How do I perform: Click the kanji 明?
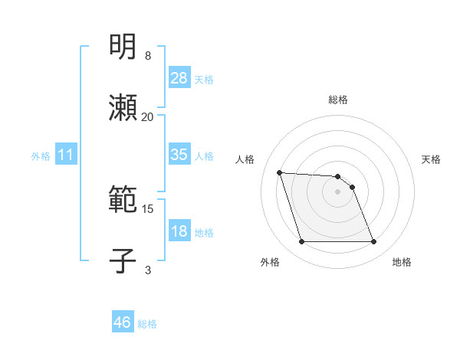click(123, 47)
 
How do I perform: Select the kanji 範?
click(123, 201)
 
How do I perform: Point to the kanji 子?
click(123, 261)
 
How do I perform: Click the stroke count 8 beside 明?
click(148, 56)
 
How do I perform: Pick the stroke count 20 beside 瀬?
click(148, 116)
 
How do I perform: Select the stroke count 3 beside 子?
click(148, 270)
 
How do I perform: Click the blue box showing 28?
click(179, 78)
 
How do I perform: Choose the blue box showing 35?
click(179, 155)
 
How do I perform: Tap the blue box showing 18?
click(179, 231)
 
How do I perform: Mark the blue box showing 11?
click(66, 155)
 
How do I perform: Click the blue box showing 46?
click(123, 323)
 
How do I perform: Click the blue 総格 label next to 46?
click(147, 324)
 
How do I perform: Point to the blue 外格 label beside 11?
click(41, 156)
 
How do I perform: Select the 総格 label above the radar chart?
click(338, 100)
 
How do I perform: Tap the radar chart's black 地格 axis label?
click(402, 263)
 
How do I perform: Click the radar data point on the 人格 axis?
click(280, 172)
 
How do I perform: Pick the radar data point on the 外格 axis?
click(301, 242)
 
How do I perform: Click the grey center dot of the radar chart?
click(338, 191)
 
